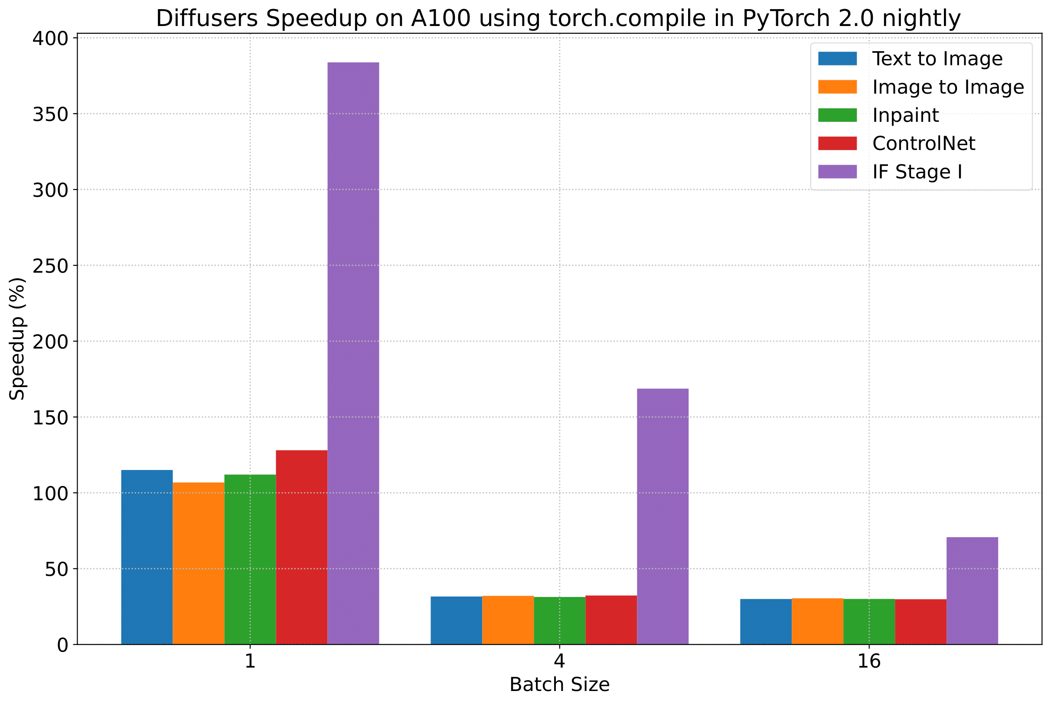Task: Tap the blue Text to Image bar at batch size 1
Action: pyautogui.click(x=147, y=557)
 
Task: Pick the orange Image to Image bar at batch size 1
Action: pyautogui.click(x=199, y=563)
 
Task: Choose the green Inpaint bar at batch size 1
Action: pyautogui.click(x=250, y=559)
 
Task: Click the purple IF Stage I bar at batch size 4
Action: pyautogui.click(x=662, y=516)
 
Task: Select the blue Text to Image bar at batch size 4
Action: pyautogui.click(x=456, y=620)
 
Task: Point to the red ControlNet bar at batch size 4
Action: pyautogui.click(x=610, y=619)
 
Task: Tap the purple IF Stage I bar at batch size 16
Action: pyautogui.click(x=972, y=590)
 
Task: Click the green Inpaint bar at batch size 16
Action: pyautogui.click(x=869, y=621)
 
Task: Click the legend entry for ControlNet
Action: pyautogui.click(x=924, y=143)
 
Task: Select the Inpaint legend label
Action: pyautogui.click(x=905, y=115)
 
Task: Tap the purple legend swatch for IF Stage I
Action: pyautogui.click(x=837, y=172)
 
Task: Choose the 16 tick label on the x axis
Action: pyautogui.click(x=869, y=662)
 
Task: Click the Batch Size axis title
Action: pyautogui.click(x=559, y=684)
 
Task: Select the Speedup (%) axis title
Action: pyautogui.click(x=17, y=339)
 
